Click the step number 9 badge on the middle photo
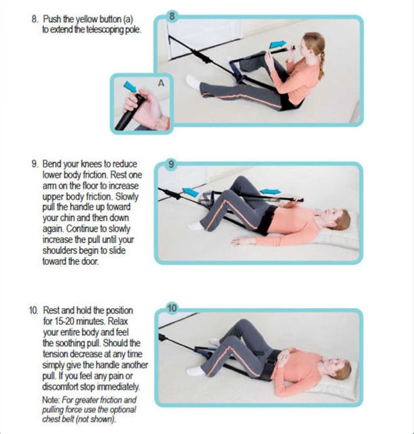172,164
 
